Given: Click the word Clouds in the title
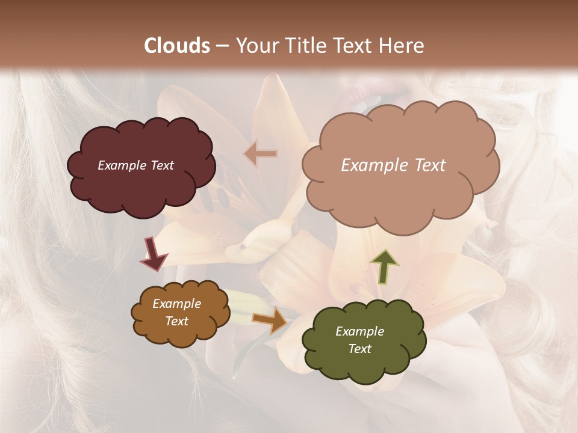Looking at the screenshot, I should click(x=177, y=46).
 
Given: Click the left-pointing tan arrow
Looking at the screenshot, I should click(x=261, y=154).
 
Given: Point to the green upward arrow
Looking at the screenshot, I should click(x=384, y=266).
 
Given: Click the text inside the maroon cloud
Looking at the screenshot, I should click(x=135, y=165).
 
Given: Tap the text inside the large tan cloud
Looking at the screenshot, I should click(x=393, y=165).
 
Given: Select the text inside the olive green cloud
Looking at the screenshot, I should click(x=359, y=340).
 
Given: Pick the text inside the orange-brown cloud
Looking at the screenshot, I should click(x=176, y=312).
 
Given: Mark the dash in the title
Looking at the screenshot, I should click(x=222, y=46).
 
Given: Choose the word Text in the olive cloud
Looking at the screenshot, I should click(x=359, y=349).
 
